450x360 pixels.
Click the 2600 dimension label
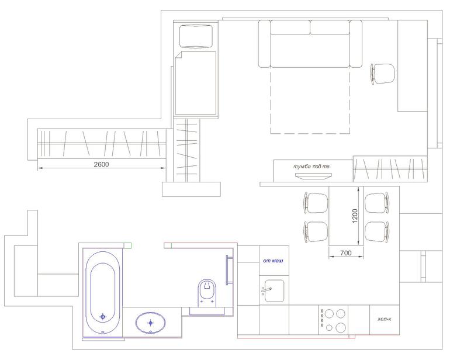[101, 164]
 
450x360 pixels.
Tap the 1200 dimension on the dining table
[355, 216]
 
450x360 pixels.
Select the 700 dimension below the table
[346, 253]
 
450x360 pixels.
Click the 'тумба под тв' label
[311, 166]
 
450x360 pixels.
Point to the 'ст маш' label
[274, 261]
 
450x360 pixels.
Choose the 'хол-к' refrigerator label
[385, 319]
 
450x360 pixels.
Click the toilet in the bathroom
[207, 293]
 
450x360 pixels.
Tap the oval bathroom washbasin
[151, 323]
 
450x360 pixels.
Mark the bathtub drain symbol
[103, 317]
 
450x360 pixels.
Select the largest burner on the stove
[341, 327]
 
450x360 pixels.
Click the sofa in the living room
[310, 44]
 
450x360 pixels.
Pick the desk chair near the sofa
[382, 74]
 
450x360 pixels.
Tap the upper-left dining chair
[316, 203]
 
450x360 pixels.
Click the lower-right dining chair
[377, 232]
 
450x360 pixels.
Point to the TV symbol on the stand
[313, 176]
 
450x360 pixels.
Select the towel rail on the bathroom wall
[229, 270]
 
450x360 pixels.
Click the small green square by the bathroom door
[128, 245]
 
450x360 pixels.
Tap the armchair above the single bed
[196, 36]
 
